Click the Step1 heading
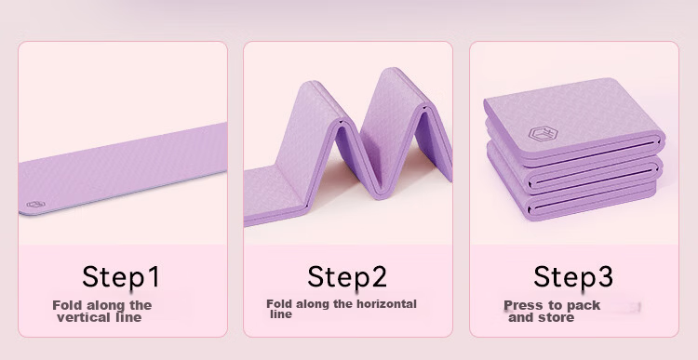click(x=121, y=276)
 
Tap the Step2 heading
click(x=347, y=276)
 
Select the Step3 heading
click(x=573, y=276)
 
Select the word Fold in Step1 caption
click(x=67, y=305)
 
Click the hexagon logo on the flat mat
click(x=35, y=205)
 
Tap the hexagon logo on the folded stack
click(x=544, y=133)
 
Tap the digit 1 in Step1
click(x=153, y=276)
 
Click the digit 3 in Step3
click(x=605, y=276)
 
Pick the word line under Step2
click(x=281, y=314)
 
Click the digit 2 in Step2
click(x=379, y=276)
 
